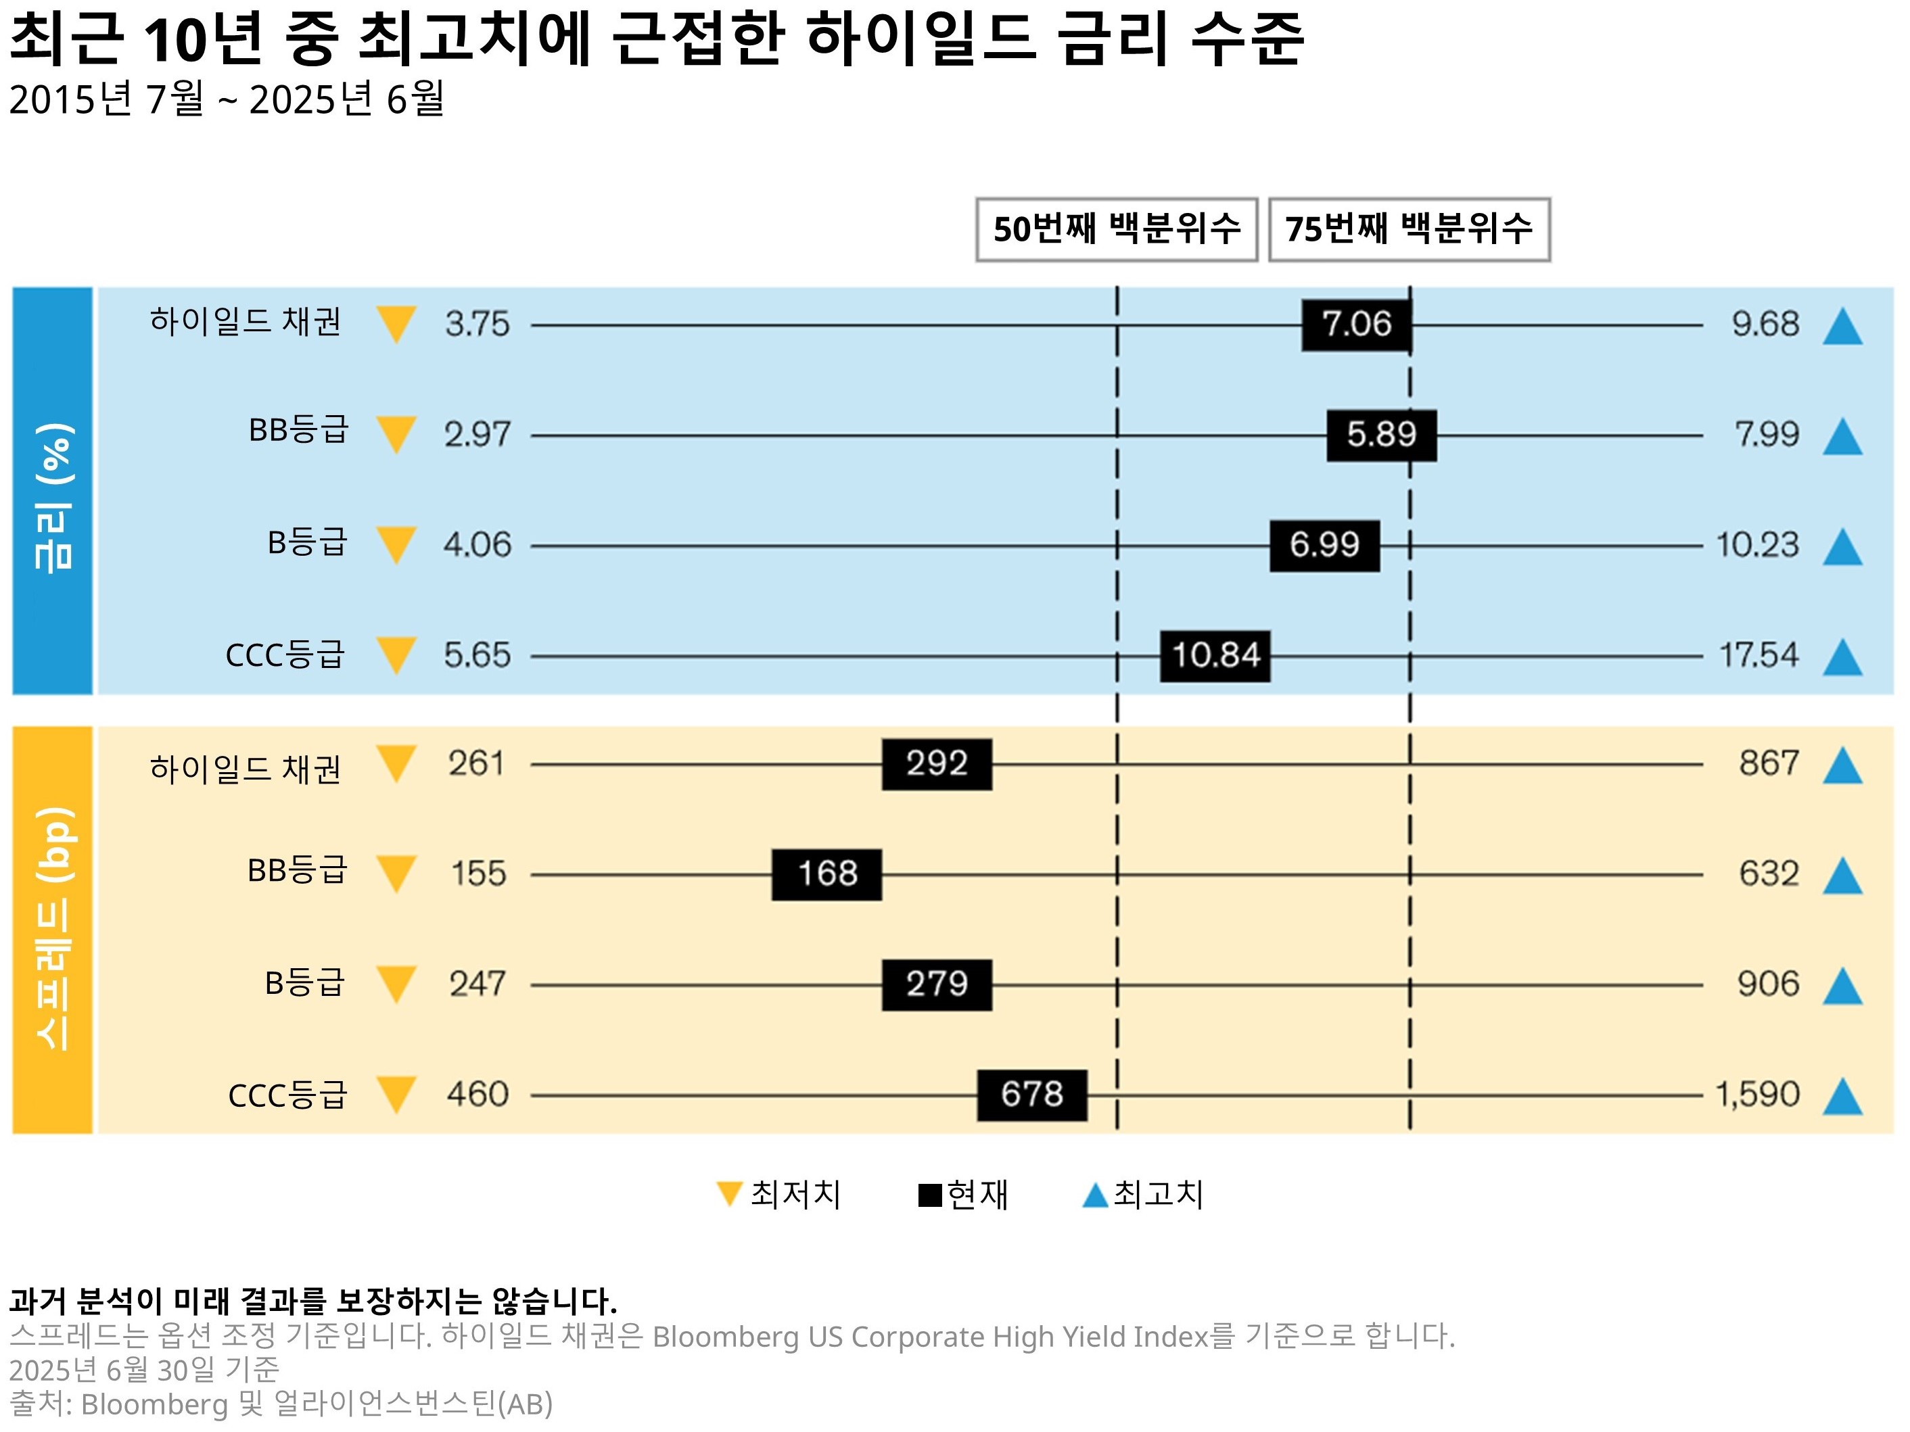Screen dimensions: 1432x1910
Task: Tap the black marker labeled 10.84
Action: (1215, 656)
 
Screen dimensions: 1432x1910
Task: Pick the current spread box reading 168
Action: (826, 874)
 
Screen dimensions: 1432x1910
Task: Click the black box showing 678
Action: (1032, 1095)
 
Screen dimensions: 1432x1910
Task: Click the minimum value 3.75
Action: (477, 325)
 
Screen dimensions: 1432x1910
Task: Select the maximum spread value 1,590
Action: (1757, 1095)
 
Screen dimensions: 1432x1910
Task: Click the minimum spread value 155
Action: (478, 874)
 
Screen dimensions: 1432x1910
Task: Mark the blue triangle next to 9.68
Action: (1842, 327)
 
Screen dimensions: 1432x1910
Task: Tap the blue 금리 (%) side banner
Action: (53, 491)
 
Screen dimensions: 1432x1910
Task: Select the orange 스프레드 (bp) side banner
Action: (53, 930)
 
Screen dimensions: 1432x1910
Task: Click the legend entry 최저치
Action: (780, 1195)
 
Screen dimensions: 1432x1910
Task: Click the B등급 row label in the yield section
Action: (306, 543)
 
